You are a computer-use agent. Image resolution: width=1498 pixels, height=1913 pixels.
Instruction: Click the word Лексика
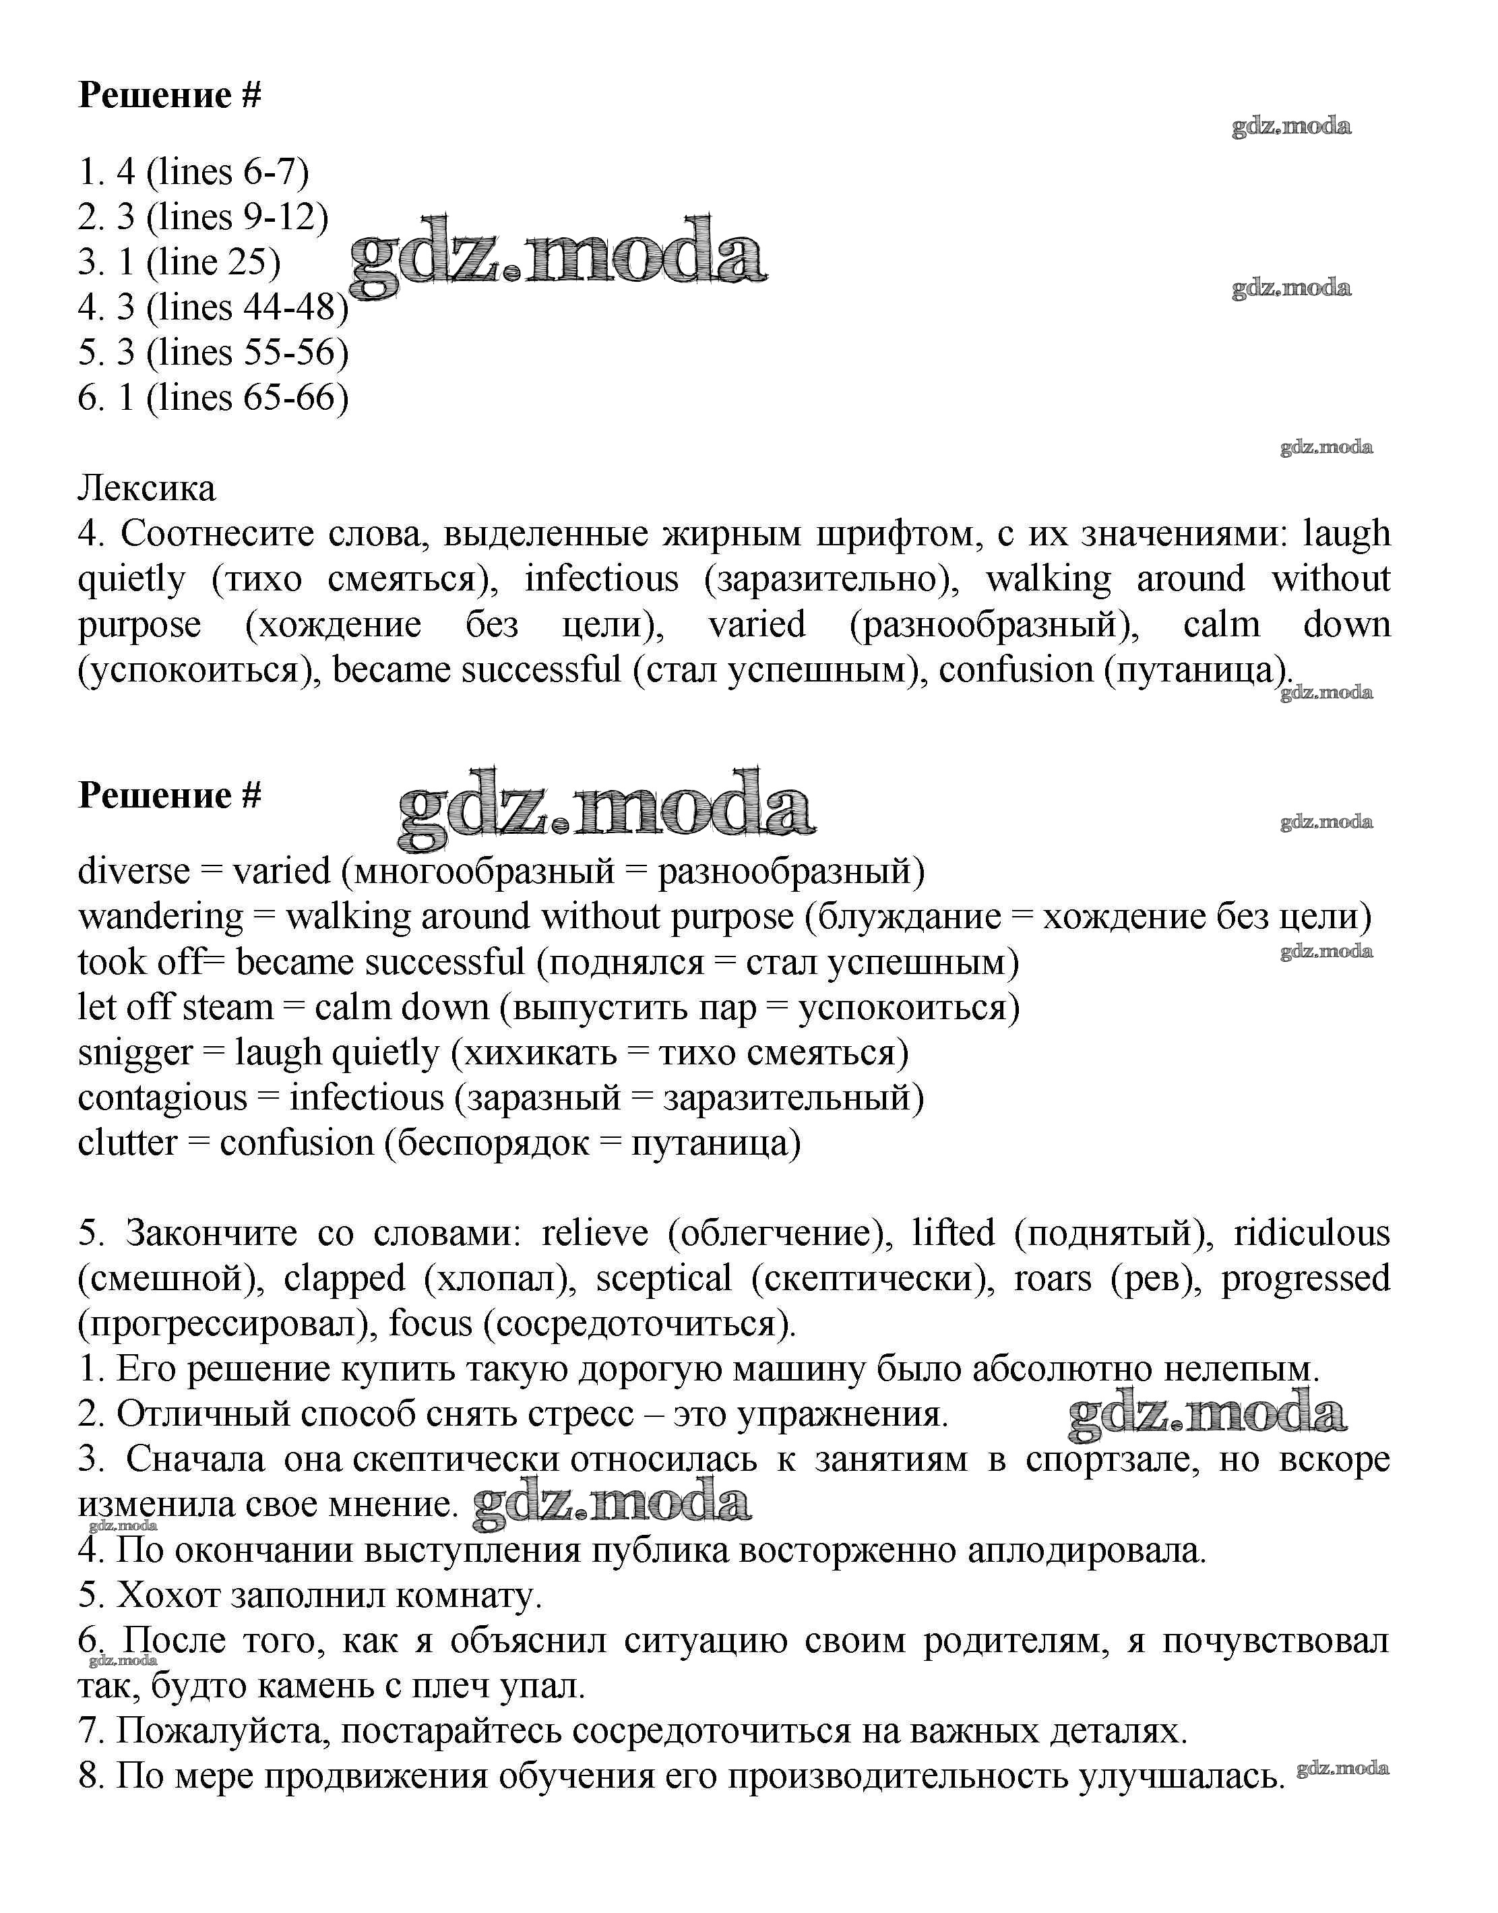(x=146, y=489)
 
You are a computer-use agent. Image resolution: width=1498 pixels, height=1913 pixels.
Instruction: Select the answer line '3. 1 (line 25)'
(x=179, y=262)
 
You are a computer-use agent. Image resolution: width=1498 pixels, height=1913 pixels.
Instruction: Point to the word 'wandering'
(x=160, y=917)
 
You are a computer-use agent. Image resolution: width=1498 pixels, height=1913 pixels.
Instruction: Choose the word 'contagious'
(x=162, y=1098)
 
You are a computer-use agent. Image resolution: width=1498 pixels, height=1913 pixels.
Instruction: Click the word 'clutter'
(x=127, y=1143)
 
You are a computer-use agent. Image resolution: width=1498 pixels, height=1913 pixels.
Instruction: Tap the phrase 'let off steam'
(x=175, y=1007)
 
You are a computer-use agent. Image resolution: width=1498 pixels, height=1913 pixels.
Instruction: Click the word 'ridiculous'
(x=1312, y=1234)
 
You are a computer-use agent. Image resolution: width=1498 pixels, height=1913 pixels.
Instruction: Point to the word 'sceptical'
(x=663, y=1279)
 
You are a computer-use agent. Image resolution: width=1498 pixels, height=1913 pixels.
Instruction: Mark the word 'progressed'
(x=1306, y=1279)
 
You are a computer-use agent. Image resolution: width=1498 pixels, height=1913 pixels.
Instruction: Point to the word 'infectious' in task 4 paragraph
(x=602, y=579)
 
